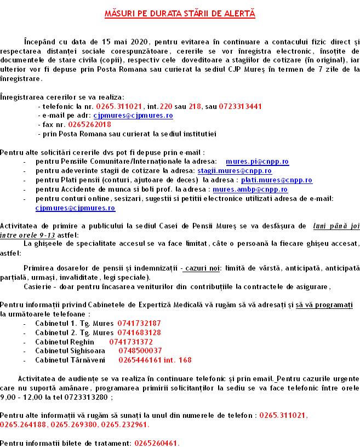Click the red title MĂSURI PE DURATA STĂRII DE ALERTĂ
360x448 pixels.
[x=180, y=12]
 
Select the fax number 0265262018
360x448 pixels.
[x=90, y=124]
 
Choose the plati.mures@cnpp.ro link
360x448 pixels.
[x=277, y=180]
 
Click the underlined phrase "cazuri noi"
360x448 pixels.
[x=202, y=268]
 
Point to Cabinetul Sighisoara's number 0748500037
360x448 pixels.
[x=136, y=351]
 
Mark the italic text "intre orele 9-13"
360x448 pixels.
[x=28, y=234]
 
